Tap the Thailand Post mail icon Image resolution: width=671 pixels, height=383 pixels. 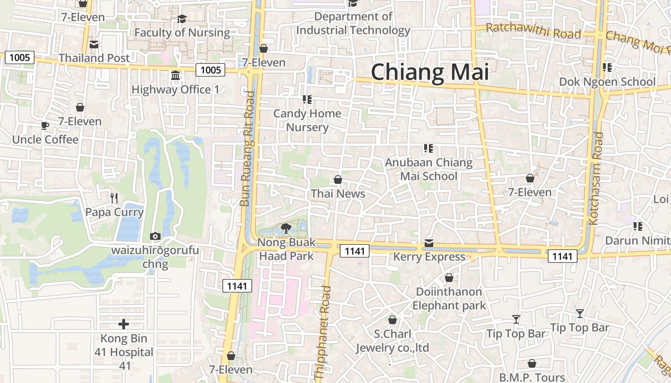click(94, 45)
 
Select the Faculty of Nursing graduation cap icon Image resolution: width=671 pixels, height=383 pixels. click(182, 19)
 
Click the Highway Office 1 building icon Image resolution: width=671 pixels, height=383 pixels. click(175, 76)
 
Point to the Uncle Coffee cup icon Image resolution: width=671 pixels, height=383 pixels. click(45, 126)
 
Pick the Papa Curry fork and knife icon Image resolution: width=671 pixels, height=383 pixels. click(114, 198)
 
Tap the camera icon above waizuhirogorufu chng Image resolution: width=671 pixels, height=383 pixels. click(155, 236)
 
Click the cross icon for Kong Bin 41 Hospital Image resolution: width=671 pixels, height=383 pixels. click(124, 324)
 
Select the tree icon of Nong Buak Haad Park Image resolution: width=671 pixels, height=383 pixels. click(286, 228)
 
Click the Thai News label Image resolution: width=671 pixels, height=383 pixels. click(338, 194)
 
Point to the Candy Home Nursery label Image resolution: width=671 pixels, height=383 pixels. click(307, 120)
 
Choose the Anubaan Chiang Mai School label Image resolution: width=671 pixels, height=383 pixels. click(428, 169)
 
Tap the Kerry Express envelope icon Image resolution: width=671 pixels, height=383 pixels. click(428, 243)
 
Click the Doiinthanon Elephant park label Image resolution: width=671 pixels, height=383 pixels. click(449, 298)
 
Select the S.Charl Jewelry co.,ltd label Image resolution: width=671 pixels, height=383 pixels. click(392, 340)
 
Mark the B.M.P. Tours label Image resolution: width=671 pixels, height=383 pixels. click(532, 377)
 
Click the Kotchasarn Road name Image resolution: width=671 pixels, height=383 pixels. click(596, 178)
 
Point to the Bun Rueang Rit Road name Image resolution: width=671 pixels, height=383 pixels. click(247, 148)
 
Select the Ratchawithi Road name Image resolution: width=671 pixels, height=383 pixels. click(533, 31)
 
